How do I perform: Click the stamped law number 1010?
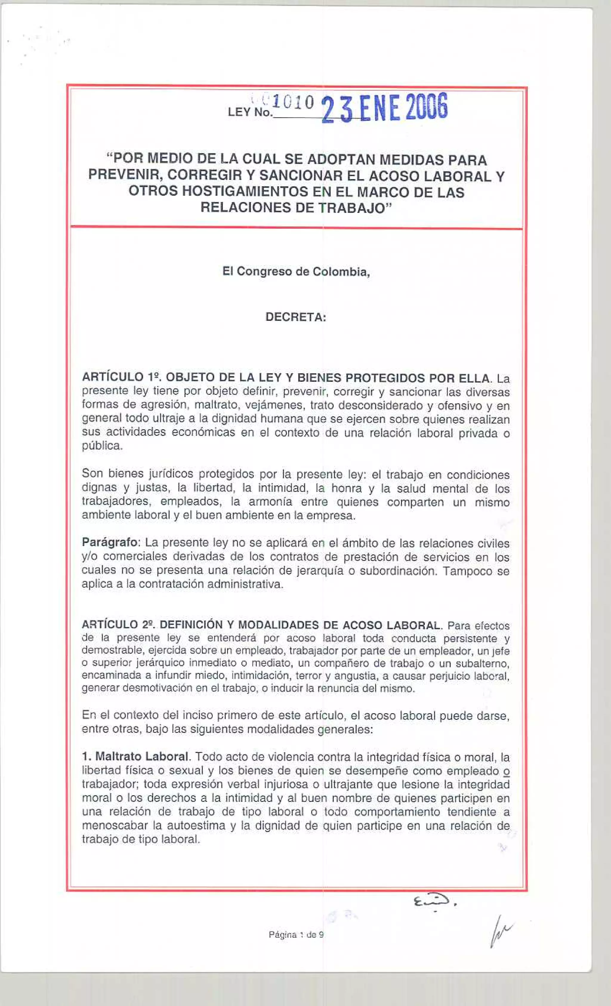pos(293,102)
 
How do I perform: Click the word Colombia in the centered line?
pos(341,272)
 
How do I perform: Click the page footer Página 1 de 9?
pos(296,935)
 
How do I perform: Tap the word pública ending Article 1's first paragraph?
pos(102,446)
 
